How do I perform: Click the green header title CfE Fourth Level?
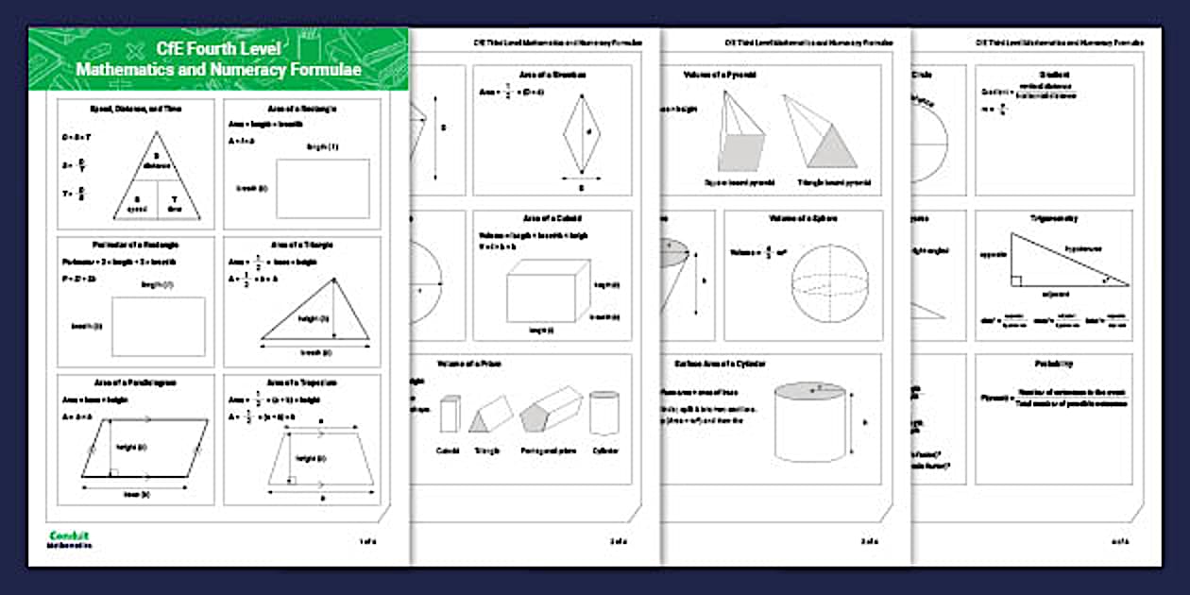click(218, 49)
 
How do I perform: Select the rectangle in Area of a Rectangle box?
click(322, 189)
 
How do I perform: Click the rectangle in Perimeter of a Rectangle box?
click(159, 327)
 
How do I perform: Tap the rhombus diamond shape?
click(577, 132)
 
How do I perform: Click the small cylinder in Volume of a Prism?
click(604, 413)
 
